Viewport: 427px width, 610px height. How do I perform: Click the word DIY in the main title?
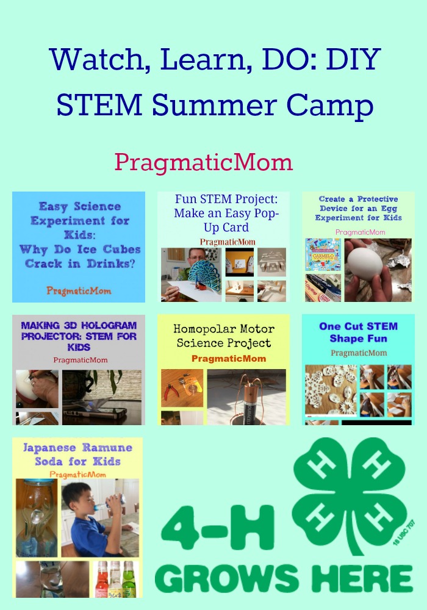click(353, 59)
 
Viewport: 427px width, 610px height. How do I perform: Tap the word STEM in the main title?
click(99, 105)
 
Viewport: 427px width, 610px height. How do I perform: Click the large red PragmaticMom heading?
click(203, 163)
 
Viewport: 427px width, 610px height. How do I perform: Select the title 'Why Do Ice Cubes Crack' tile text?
click(80, 235)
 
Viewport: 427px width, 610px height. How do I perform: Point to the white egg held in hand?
click(365, 260)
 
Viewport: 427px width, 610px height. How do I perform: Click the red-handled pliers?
click(171, 392)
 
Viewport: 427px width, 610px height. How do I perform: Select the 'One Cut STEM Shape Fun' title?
click(359, 332)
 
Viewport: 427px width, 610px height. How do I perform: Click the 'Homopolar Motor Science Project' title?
click(224, 335)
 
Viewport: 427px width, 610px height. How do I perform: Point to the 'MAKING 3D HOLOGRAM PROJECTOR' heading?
click(79, 335)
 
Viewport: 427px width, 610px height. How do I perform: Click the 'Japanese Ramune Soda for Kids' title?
click(77, 454)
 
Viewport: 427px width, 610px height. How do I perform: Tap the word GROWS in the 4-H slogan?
click(226, 578)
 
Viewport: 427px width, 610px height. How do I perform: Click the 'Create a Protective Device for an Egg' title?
click(358, 208)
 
